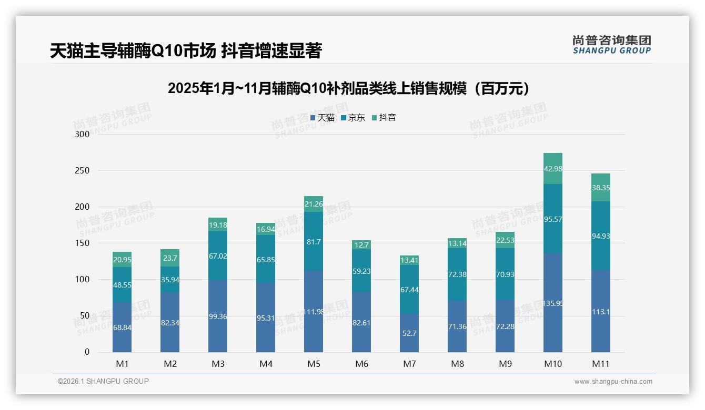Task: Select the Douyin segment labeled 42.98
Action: pos(552,169)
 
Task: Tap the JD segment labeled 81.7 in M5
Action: pos(314,242)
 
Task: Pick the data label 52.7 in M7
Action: pos(409,333)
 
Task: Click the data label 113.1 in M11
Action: pos(600,311)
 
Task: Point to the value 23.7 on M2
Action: pos(170,258)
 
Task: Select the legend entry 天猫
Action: pos(323,118)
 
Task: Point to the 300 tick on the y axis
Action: pos(83,134)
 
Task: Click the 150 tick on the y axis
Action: pos(83,243)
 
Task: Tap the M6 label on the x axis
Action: pos(361,364)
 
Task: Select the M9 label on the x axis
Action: pos(505,364)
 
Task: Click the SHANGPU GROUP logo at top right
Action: pos(611,45)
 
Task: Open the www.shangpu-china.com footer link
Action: pos(613,382)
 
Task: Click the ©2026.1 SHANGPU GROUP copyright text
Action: pos(103,381)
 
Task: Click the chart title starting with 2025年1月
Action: pos(348,88)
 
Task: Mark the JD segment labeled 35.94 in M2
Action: pos(170,280)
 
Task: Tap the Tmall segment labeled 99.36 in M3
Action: pos(218,316)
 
